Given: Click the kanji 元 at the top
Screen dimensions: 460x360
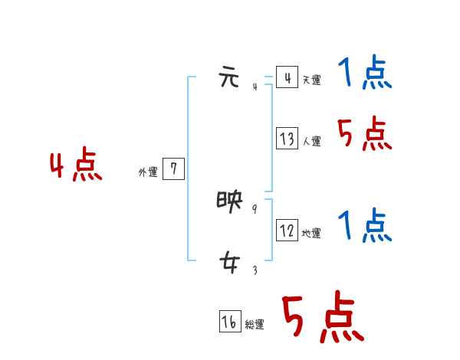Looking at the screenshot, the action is (229, 78).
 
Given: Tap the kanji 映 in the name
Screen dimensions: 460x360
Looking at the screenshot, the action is (229, 202).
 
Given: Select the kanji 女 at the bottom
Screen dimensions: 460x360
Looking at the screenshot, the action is (229, 264).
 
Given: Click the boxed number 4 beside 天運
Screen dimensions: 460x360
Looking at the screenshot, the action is (287, 78).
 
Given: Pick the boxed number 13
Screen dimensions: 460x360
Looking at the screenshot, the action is (287, 139).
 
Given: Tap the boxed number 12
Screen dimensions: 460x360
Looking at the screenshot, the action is (287, 231).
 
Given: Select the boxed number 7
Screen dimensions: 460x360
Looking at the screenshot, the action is (174, 169).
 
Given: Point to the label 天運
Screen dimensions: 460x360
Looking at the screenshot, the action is (311, 80).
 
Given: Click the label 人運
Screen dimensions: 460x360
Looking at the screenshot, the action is (311, 142).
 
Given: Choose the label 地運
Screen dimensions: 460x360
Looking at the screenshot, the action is (311, 233).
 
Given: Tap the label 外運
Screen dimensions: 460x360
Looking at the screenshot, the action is (148, 172).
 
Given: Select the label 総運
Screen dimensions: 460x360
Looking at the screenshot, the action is (255, 325).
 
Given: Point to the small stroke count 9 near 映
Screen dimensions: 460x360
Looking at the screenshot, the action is (255, 208).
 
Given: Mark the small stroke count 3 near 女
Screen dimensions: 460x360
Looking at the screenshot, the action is (255, 270).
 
